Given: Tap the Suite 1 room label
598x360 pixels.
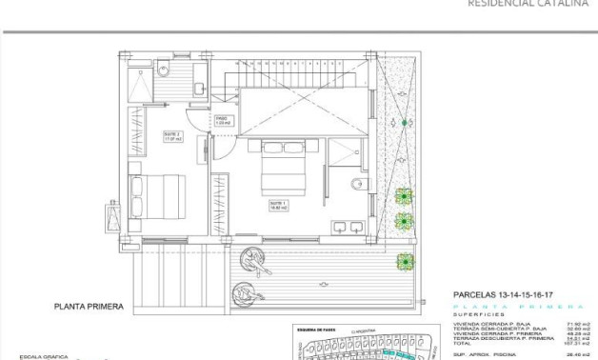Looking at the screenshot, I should click(278, 205).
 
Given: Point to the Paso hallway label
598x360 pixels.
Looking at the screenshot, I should click(221, 121).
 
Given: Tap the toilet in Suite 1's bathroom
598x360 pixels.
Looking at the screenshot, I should click(356, 185).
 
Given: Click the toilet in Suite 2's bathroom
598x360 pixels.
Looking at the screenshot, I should click(163, 68).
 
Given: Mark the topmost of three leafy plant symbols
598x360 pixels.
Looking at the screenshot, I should click(405, 197).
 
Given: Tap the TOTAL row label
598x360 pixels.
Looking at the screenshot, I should click(462, 345).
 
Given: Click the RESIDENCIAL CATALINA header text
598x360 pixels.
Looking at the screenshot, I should click(527, 4).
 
